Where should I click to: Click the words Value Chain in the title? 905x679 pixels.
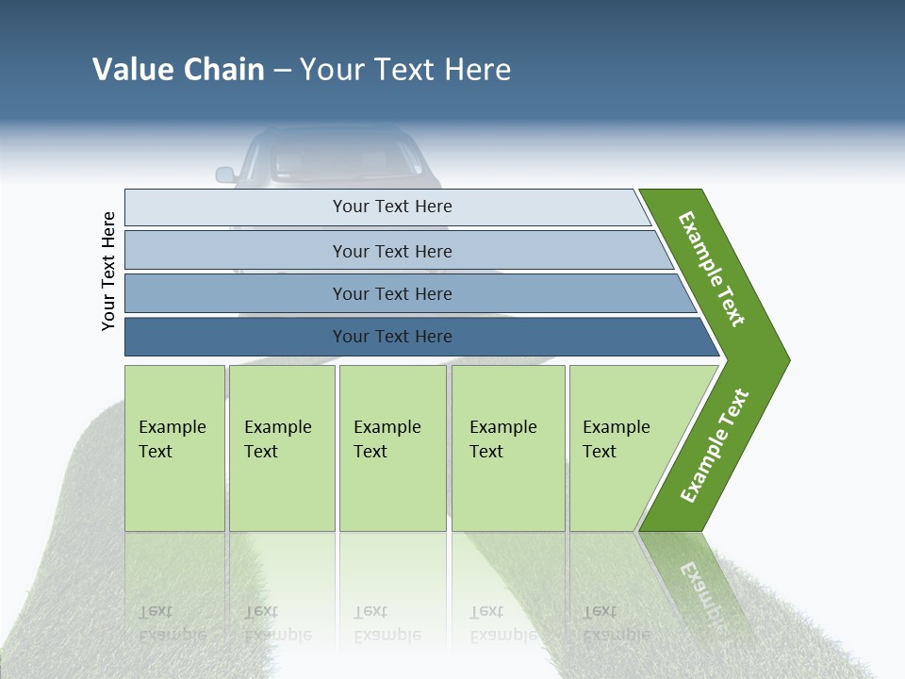coord(178,70)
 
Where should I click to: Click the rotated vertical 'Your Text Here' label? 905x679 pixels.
coord(108,272)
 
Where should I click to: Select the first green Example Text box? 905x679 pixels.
coord(174,448)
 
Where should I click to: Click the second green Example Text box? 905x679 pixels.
coord(282,448)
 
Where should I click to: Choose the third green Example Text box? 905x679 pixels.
coord(392,448)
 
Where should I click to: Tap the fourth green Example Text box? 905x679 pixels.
coord(508,448)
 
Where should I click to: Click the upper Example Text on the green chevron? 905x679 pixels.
coord(712,269)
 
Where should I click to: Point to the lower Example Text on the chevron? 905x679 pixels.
coord(715,446)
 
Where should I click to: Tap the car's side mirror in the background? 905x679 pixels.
coord(225,174)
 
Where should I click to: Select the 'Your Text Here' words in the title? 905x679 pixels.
coord(405,70)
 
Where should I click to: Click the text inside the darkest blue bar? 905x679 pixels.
coord(392,337)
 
